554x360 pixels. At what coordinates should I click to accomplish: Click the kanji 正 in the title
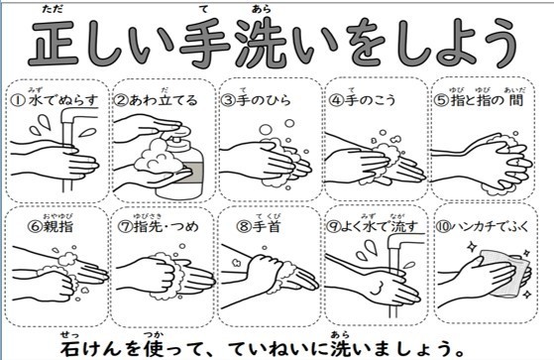(53, 44)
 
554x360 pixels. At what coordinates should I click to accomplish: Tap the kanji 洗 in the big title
(263, 44)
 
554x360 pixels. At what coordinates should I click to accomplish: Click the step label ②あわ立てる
(156, 100)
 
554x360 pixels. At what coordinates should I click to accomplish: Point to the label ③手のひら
(256, 100)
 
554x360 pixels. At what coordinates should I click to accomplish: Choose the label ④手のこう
(362, 100)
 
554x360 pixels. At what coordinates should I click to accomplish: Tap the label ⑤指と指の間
(479, 100)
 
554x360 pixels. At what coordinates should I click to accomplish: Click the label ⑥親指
(51, 226)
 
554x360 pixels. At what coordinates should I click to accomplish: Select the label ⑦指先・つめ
(158, 226)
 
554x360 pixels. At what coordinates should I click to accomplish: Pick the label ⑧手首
(259, 226)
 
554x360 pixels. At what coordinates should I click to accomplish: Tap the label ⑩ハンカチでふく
(482, 226)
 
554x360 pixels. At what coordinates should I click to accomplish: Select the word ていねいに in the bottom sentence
(279, 348)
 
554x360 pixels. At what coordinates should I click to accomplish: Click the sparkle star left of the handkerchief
(471, 247)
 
